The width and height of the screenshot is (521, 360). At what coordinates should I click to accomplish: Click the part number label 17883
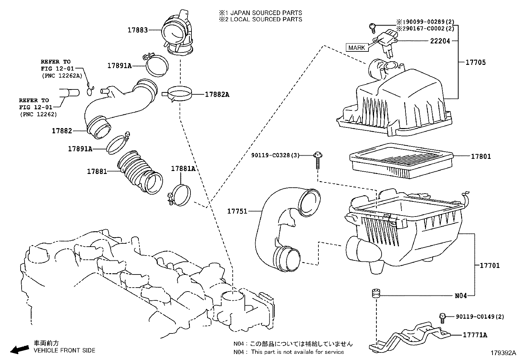coord(137,30)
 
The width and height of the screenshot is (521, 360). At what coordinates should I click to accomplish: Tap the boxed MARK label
coord(356,47)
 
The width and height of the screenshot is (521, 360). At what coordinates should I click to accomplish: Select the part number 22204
coord(440,41)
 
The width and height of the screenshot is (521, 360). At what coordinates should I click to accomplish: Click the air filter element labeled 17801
coord(401,161)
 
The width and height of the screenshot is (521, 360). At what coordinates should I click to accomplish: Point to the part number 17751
coord(237,212)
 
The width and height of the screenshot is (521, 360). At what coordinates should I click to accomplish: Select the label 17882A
coord(217,95)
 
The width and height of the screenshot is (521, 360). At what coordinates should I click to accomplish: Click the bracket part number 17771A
coord(475,335)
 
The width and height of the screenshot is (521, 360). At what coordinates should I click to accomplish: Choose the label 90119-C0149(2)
coord(480,316)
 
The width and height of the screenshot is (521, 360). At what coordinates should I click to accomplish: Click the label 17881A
coord(183,169)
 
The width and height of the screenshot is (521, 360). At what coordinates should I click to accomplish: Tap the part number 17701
coord(490,265)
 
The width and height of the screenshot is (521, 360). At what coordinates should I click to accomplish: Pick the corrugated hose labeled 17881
coord(139,172)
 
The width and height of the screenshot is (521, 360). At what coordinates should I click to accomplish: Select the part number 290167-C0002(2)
coord(427,28)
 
